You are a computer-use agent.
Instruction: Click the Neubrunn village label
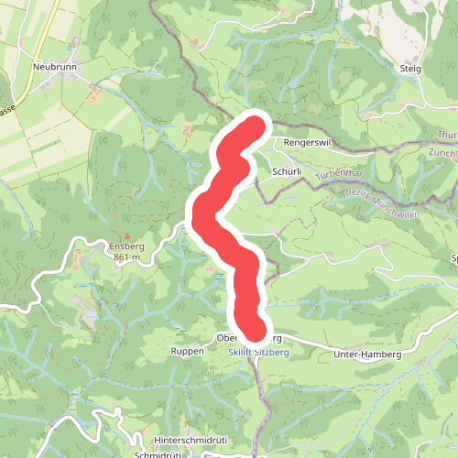(53, 67)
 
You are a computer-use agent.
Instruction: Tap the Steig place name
(409, 68)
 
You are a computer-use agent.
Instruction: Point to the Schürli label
(287, 171)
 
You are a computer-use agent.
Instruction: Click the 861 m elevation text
(126, 258)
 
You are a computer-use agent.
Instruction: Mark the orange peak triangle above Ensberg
(126, 235)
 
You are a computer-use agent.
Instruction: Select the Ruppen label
(186, 351)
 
